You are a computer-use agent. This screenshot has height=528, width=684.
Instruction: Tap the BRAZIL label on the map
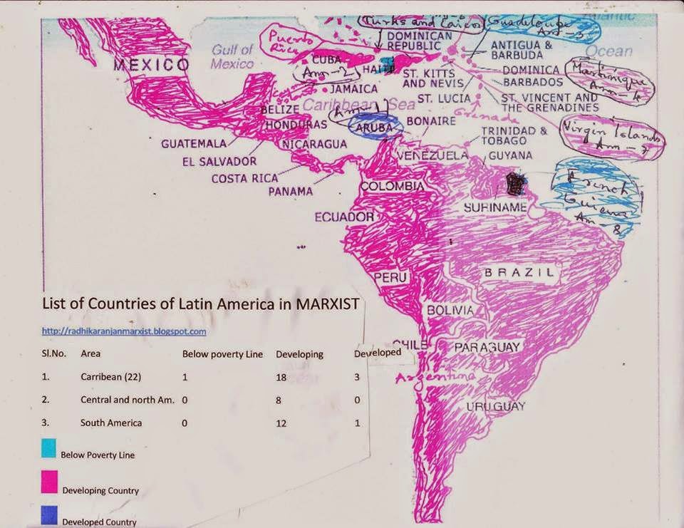pos(519,273)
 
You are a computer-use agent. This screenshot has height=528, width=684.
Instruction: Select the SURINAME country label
pos(495,207)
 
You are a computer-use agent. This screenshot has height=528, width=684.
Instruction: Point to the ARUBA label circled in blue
pos(375,125)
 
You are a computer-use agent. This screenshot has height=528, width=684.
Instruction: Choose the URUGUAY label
pos(496,406)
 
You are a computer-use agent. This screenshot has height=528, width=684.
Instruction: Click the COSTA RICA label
pos(244,178)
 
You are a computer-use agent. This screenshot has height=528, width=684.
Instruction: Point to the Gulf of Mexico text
pos(232,56)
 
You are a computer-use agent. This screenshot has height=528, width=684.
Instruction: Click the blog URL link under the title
pos(124,331)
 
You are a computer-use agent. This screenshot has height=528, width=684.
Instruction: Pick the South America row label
pos(111,423)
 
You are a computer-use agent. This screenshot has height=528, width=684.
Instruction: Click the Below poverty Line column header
pos(222,353)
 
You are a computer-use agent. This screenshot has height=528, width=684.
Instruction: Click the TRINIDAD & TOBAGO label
pos(514,136)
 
